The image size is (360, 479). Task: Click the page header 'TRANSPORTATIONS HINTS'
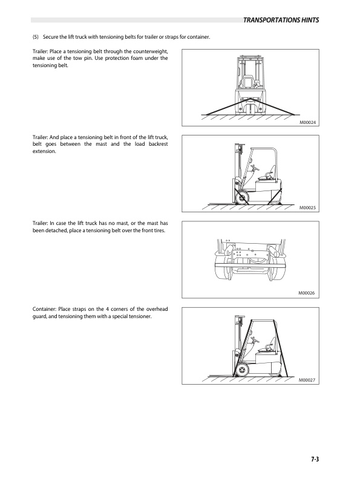click(x=281, y=20)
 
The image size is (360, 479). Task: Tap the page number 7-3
click(x=315, y=459)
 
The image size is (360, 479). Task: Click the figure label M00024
click(x=308, y=123)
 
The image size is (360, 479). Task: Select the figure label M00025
click(x=307, y=207)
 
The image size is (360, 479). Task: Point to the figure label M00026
click(x=307, y=293)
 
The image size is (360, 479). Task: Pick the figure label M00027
click(x=307, y=380)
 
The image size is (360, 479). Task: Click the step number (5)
click(x=36, y=37)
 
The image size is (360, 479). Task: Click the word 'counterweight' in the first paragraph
click(x=151, y=51)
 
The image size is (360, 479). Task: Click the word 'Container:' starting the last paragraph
click(x=44, y=309)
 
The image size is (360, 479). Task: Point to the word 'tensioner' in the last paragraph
click(x=140, y=316)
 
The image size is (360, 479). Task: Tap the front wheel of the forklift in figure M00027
click(x=242, y=370)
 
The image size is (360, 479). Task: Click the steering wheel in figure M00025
click(x=255, y=168)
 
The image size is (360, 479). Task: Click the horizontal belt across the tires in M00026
click(x=250, y=265)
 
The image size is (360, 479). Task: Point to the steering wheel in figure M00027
click(x=255, y=340)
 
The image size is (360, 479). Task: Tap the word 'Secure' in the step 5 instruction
click(x=50, y=37)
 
